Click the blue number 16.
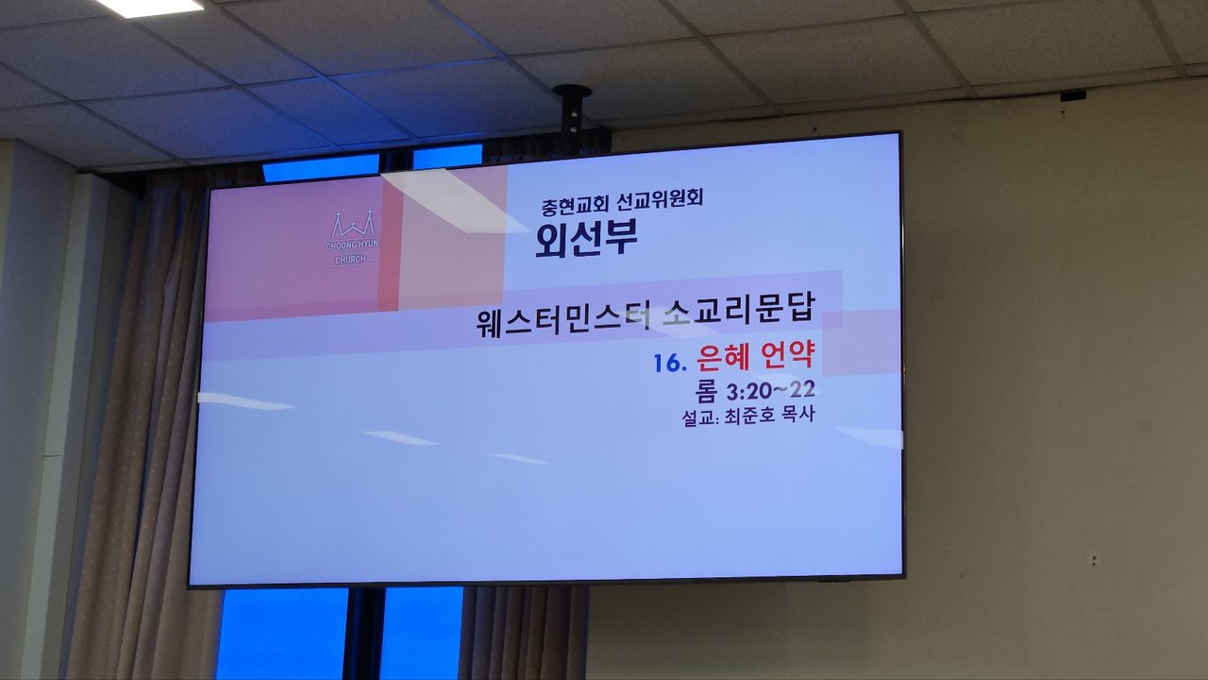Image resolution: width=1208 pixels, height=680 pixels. pos(670,364)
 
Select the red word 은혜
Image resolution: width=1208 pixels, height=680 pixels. pos(716,358)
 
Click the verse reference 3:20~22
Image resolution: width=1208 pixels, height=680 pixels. pos(770,391)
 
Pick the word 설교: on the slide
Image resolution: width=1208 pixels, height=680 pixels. pos(700,417)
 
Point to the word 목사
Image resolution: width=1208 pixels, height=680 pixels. pos(797,414)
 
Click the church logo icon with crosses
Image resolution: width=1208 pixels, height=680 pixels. pos(353,224)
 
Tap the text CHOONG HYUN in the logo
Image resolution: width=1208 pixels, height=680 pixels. pos(352,245)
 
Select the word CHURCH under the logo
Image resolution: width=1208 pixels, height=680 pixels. pos(350,260)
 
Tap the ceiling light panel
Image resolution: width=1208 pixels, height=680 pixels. pos(149,7)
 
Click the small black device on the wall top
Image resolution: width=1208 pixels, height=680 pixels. pos(1073,96)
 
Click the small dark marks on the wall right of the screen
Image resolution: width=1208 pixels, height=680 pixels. pos(1094,560)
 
